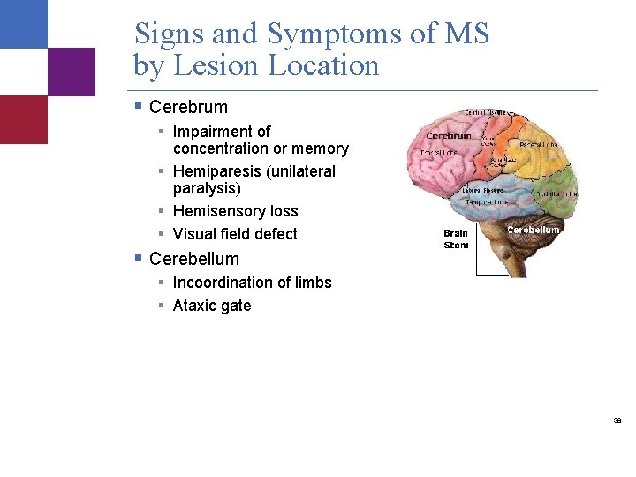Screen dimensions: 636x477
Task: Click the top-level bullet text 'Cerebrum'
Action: tap(188, 107)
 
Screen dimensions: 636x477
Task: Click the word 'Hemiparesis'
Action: tap(216, 171)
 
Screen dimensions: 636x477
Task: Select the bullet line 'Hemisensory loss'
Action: tap(235, 211)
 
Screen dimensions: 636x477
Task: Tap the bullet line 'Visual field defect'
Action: tap(235, 234)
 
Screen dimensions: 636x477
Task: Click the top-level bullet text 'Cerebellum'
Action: tap(194, 259)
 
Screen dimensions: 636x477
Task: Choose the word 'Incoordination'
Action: tap(224, 283)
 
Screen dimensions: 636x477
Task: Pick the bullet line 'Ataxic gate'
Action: tap(212, 306)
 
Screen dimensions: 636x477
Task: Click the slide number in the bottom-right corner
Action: tap(617, 421)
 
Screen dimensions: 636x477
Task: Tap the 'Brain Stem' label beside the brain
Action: tap(456, 239)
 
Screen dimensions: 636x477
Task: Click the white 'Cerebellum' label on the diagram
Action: tap(534, 230)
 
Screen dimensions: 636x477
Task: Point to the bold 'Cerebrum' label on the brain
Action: tap(449, 136)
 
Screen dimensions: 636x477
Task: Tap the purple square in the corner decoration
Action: tap(72, 72)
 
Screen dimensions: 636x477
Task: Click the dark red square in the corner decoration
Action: tap(24, 119)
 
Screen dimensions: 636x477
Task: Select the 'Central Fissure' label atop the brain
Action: tap(486, 113)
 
